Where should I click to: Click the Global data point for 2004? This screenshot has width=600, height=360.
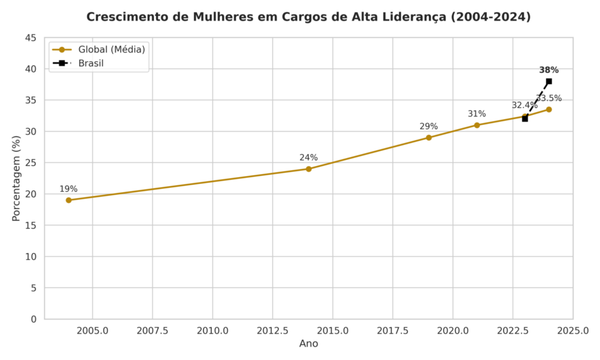(69, 200)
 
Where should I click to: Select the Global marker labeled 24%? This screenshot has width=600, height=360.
(309, 169)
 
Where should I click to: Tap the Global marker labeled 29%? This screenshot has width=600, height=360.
(429, 138)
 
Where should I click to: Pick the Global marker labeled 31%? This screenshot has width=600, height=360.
(477, 125)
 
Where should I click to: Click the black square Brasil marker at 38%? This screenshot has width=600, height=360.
(549, 81)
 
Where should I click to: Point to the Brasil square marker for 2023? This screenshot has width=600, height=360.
(525, 118)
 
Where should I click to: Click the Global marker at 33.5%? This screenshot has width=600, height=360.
(549, 110)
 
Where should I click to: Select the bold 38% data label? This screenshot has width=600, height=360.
(549, 70)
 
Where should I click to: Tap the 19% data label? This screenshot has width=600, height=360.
(69, 189)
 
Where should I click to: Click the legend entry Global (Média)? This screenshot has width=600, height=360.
(111, 49)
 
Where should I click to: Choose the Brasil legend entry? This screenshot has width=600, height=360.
(91, 63)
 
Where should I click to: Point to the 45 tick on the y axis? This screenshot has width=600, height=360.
(31, 38)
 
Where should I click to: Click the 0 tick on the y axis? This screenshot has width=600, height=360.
(33, 319)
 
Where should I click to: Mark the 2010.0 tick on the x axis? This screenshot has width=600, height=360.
(213, 331)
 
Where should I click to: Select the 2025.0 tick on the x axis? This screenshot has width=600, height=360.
(573, 331)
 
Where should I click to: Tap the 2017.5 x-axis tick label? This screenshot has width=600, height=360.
(393, 331)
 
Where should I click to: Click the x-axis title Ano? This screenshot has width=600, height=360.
(309, 344)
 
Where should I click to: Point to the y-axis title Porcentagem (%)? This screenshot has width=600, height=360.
(16, 178)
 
